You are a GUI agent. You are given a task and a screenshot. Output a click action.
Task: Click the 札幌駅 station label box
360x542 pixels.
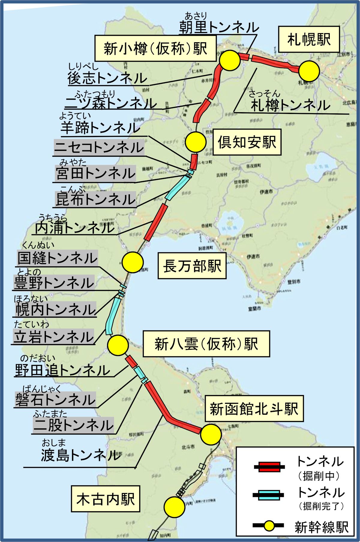309,39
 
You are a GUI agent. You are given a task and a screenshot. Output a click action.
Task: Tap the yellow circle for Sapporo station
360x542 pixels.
309,71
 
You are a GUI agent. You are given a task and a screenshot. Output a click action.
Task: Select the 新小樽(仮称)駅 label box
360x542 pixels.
155,48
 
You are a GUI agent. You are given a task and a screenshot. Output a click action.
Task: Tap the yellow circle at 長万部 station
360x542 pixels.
133,262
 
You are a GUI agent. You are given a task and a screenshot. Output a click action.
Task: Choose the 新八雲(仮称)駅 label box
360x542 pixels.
206,344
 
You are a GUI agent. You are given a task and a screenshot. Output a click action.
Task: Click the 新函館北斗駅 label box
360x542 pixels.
254,409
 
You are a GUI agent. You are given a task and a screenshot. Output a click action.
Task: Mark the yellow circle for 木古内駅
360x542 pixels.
174,506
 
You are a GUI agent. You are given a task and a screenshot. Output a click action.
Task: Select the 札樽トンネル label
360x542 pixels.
290,105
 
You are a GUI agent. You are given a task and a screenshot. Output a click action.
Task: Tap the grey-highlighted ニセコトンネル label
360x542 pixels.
99,148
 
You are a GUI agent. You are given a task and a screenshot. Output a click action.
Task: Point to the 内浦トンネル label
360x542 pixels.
75,228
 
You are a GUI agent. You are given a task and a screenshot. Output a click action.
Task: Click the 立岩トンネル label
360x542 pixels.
54,337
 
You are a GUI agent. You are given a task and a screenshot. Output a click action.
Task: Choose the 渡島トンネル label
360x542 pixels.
81,455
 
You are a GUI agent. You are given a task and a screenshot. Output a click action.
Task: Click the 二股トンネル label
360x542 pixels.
73,425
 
